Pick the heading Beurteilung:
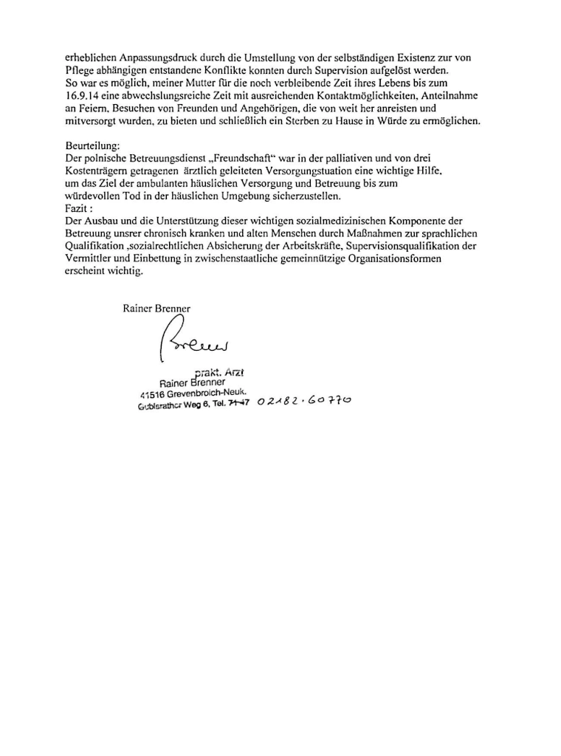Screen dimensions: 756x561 tap(92, 146)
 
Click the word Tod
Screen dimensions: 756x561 tap(132, 196)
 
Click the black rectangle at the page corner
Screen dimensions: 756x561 tap(449, 712)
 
